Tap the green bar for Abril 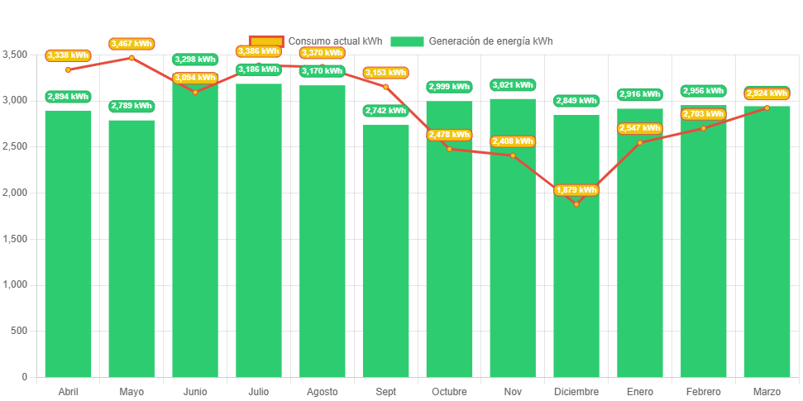click(68, 248)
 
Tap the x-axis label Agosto click(322, 391)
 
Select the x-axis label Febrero click(703, 391)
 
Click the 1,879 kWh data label click(576, 190)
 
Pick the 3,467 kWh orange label click(131, 43)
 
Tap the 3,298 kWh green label click(194, 60)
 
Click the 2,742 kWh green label click(385, 111)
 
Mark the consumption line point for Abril click(68, 69)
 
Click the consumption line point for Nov click(513, 155)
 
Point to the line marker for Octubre click(449, 149)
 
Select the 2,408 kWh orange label click(513, 141)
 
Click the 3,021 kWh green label click(513, 85)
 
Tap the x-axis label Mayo click(131, 391)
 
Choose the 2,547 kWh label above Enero click(639, 128)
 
